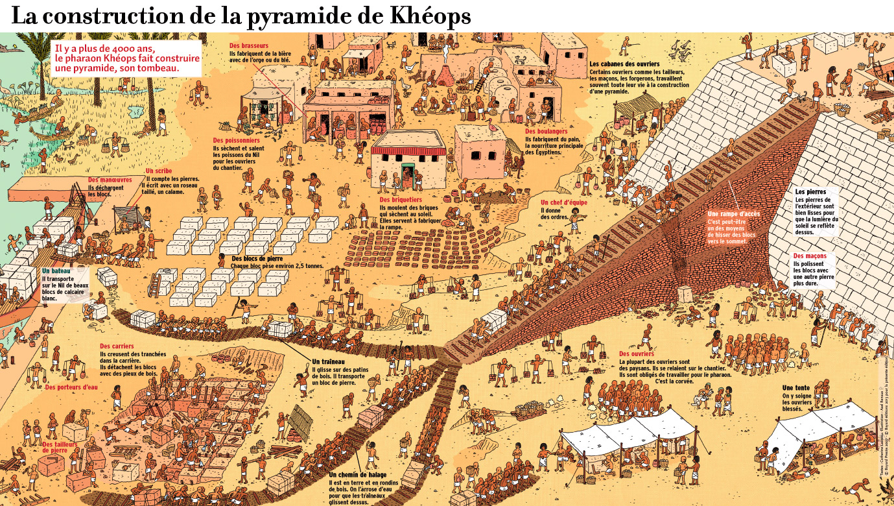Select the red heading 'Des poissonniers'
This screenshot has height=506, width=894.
[237, 140]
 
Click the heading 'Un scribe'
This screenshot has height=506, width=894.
[159, 171]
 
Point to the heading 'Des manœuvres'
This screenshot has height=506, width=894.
[110, 180]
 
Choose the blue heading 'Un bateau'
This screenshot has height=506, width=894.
[56, 270]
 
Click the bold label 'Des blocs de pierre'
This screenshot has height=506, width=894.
[259, 258]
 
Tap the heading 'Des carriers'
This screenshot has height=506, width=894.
[117, 346]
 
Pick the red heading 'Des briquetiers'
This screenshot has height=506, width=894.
[401, 200]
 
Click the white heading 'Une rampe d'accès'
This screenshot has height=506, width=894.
[734, 214]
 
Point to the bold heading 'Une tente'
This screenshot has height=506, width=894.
[797, 388]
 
